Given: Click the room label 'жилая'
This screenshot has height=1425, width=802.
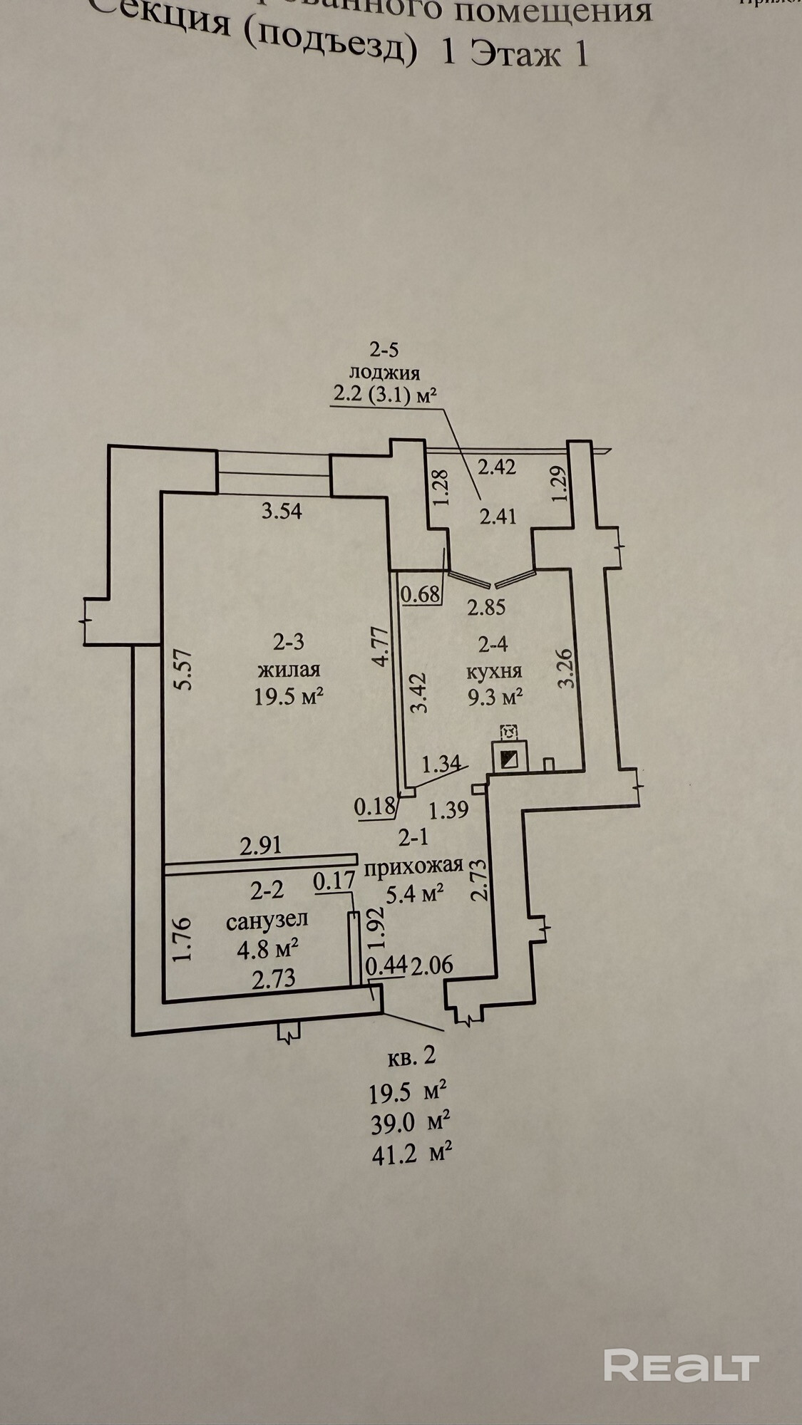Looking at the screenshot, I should [x=289, y=670].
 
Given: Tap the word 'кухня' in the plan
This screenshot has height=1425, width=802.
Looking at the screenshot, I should [x=494, y=670].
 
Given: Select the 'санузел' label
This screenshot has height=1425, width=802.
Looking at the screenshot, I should [x=267, y=920].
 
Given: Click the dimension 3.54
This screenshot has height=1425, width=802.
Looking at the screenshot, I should [x=282, y=511].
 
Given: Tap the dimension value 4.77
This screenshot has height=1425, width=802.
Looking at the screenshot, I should [x=381, y=645].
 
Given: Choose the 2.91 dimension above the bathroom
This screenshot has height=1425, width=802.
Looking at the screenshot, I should [x=261, y=846].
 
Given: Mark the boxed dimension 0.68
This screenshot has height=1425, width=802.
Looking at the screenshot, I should [x=420, y=593].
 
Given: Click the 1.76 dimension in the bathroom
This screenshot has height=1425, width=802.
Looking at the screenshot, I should [x=183, y=940].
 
